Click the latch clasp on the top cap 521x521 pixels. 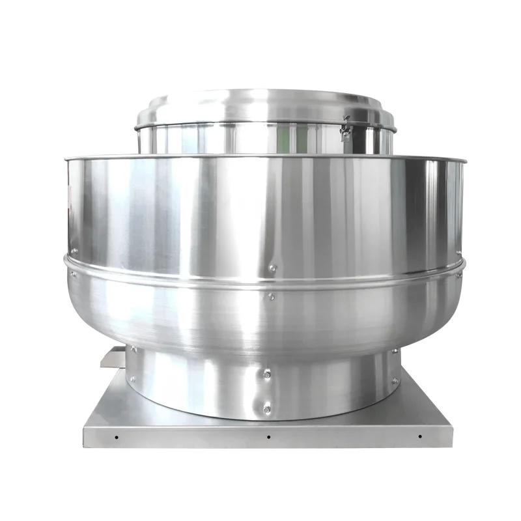pos(346,129)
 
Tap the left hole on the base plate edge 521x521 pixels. pos(116,436)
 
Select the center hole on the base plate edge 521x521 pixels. pos(268,437)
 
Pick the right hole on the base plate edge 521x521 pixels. pos(419,436)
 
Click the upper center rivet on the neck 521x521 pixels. pos(267,374)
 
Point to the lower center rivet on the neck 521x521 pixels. pos(267,409)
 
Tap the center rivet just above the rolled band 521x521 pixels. pos(273,267)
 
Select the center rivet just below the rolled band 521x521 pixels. pos(272,296)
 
